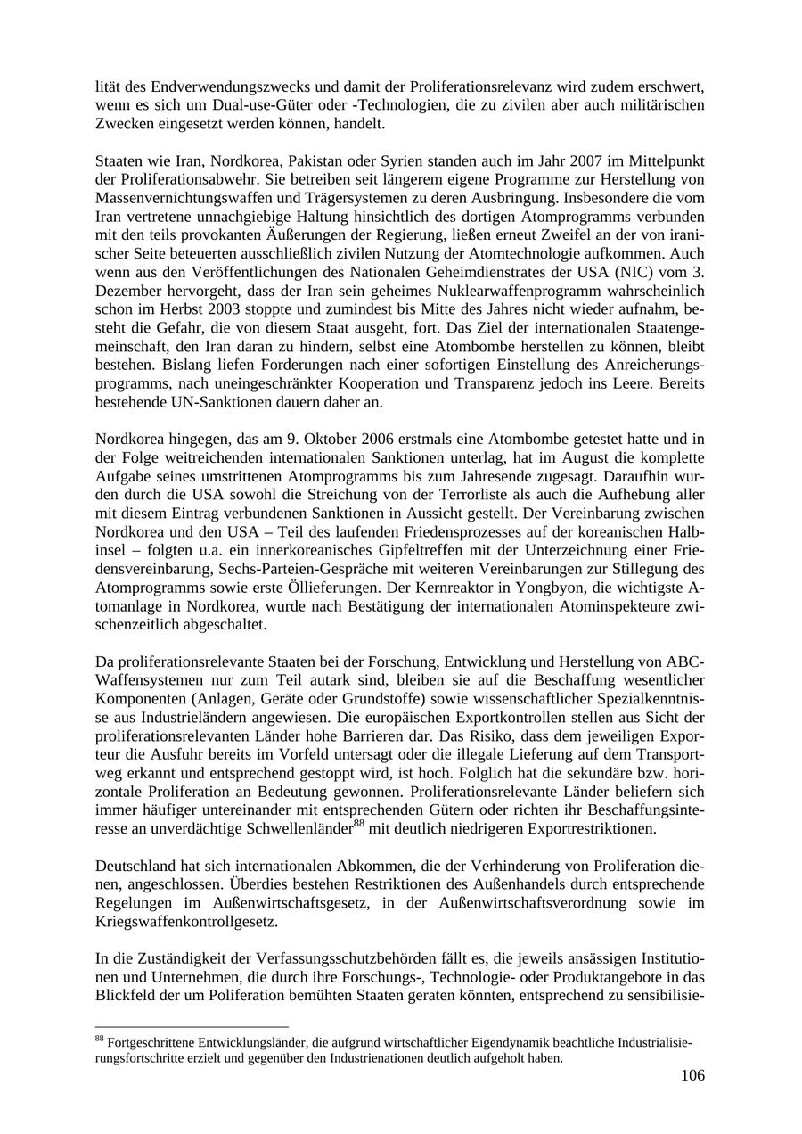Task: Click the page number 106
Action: coord(692,1075)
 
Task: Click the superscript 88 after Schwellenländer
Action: coord(359,823)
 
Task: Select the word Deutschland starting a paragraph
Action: coord(134,866)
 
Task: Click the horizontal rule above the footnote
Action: coord(192,1027)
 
